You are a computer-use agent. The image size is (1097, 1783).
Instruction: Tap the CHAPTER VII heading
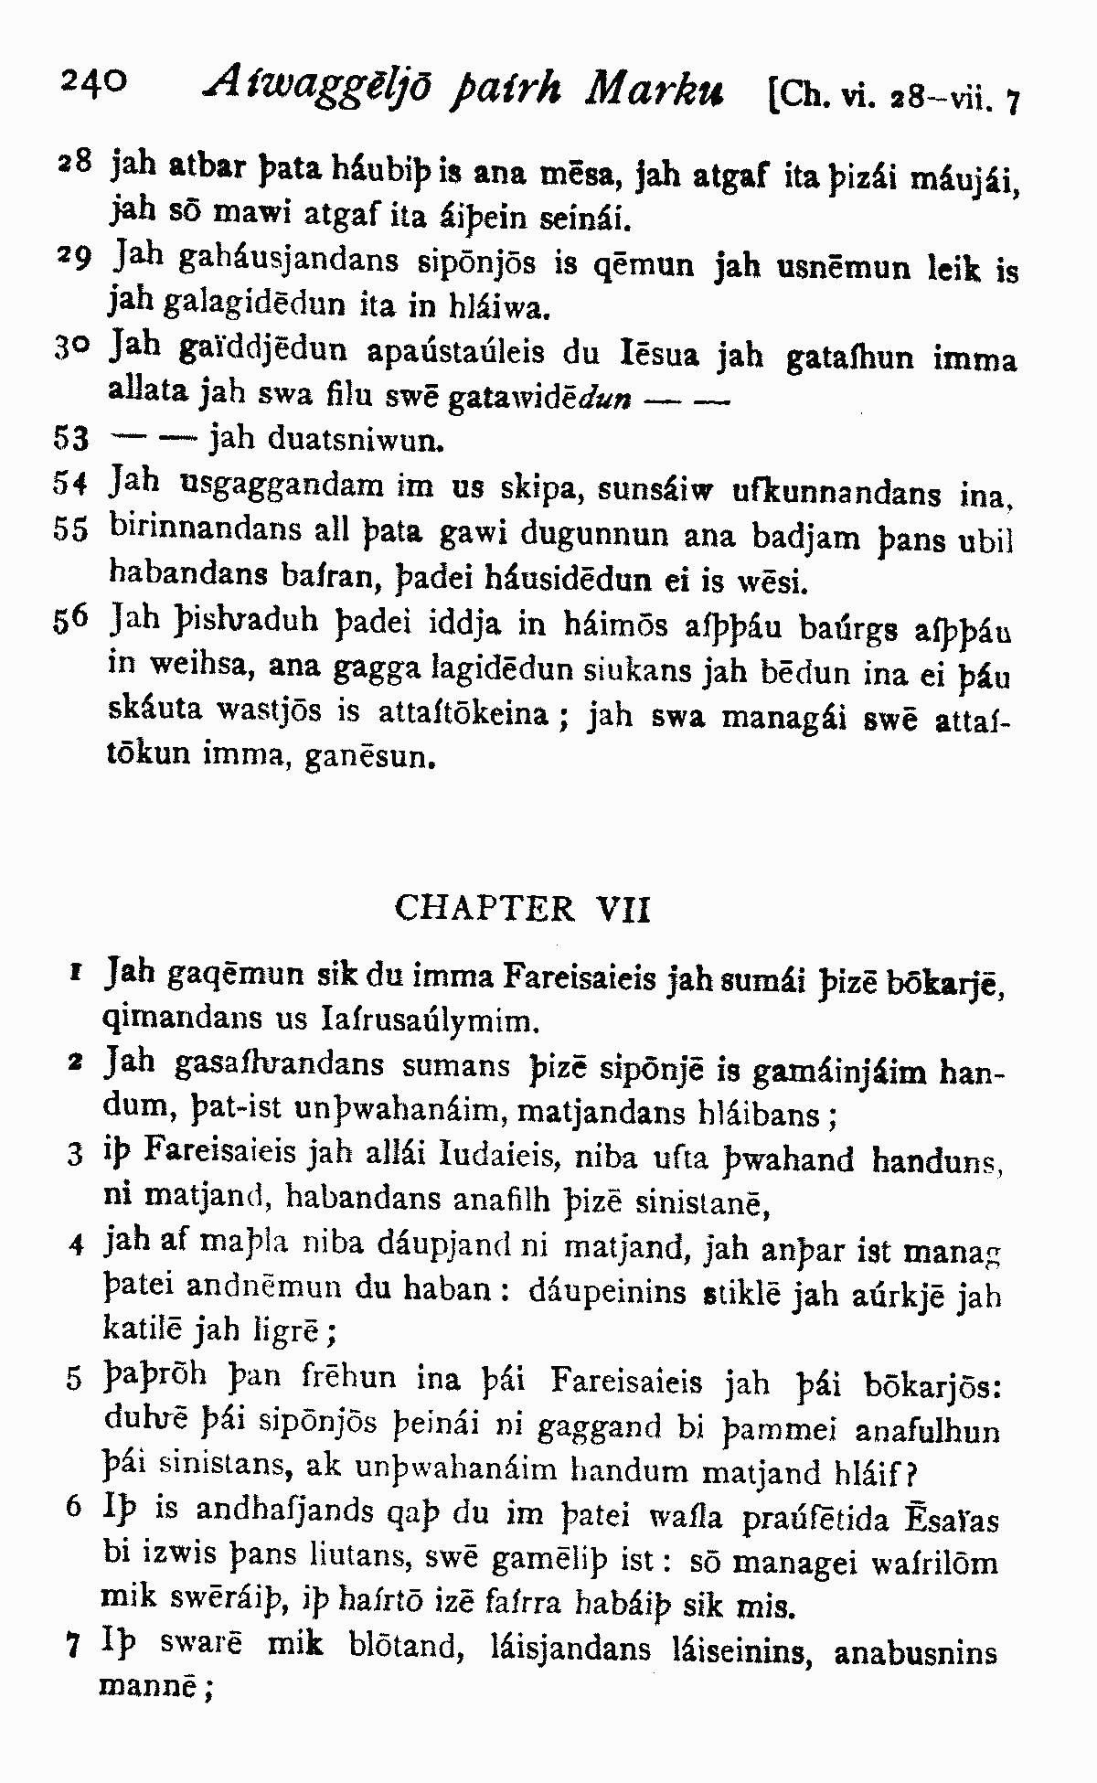(522, 909)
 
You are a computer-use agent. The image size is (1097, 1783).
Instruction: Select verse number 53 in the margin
(70, 440)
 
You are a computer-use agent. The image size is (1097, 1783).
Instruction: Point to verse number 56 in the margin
(70, 622)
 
